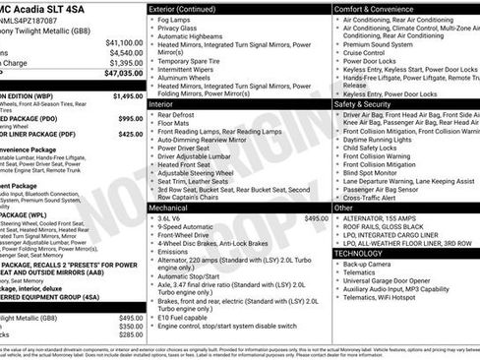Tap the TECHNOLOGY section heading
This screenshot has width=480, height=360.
pyautogui.click(x=365, y=253)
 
